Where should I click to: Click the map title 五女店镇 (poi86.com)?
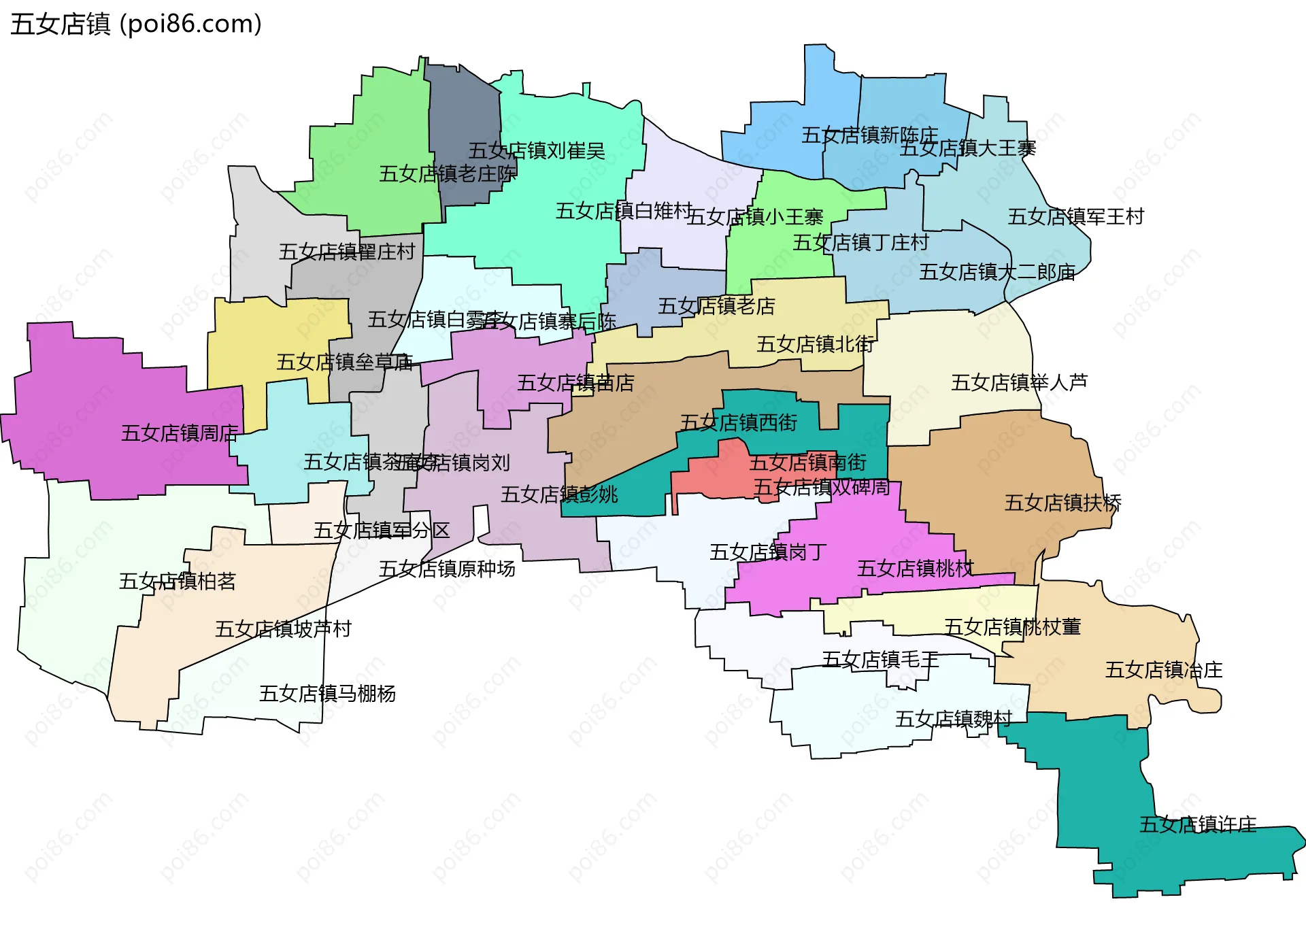[x=136, y=24]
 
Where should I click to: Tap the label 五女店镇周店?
[x=180, y=433]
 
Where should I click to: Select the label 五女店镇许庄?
[x=1198, y=825]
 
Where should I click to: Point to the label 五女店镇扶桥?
[x=1062, y=503]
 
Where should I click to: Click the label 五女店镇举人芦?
[x=1019, y=383]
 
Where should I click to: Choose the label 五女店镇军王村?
[x=1075, y=217]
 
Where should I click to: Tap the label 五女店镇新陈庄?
[x=869, y=135]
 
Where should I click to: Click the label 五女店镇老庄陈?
[x=447, y=174]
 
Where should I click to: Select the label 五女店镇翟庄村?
[x=346, y=252]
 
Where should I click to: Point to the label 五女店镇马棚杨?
[x=327, y=694]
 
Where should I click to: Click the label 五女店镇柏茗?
[x=177, y=582]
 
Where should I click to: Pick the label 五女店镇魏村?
[x=954, y=719]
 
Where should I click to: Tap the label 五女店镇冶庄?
[x=1163, y=671]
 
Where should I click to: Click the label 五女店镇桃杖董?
[x=1012, y=627]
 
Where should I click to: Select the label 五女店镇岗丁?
[x=768, y=552]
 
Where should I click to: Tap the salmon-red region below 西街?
[x=714, y=476]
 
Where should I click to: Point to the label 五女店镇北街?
[x=815, y=345]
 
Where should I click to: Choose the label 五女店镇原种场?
[x=447, y=569]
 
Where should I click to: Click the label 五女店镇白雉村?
[x=624, y=212]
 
